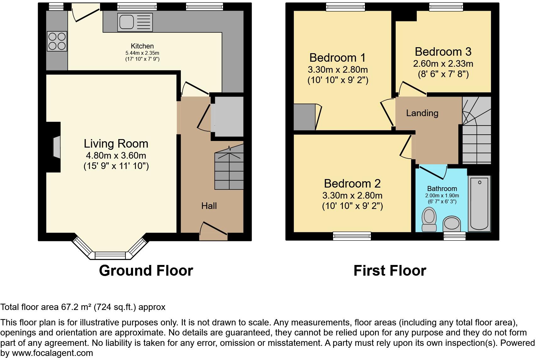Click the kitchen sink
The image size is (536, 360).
[135, 22]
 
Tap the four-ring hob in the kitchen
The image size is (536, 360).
[57, 41]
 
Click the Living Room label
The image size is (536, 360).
[116, 143]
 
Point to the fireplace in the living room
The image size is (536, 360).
[56, 147]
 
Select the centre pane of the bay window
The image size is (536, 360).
[110, 255]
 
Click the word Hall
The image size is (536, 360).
[209, 206]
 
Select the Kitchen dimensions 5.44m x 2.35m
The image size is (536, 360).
[142, 53]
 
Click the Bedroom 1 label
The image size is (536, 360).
[338, 58]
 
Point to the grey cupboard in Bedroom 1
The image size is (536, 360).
[304, 117]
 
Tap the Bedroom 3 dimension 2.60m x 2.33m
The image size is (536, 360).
[443, 64]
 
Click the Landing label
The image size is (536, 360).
[422, 113]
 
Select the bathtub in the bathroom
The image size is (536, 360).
[479, 203]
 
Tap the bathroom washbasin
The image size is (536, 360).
[452, 224]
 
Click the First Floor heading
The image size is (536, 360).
[390, 271]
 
